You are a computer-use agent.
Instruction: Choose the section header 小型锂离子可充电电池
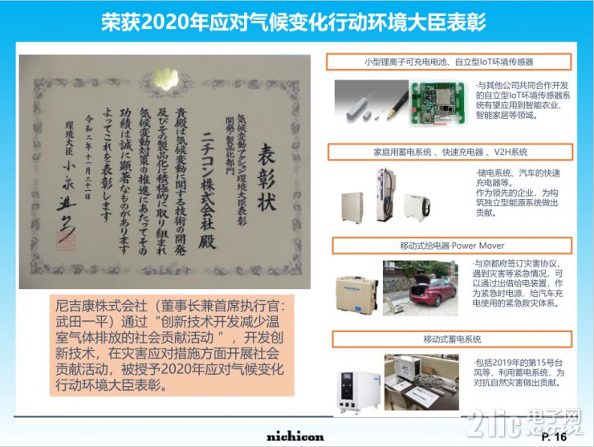click(x=449, y=61)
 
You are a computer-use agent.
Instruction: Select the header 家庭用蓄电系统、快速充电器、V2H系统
click(x=449, y=152)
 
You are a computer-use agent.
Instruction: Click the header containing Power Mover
click(x=449, y=245)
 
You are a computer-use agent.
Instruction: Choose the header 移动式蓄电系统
click(x=449, y=339)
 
